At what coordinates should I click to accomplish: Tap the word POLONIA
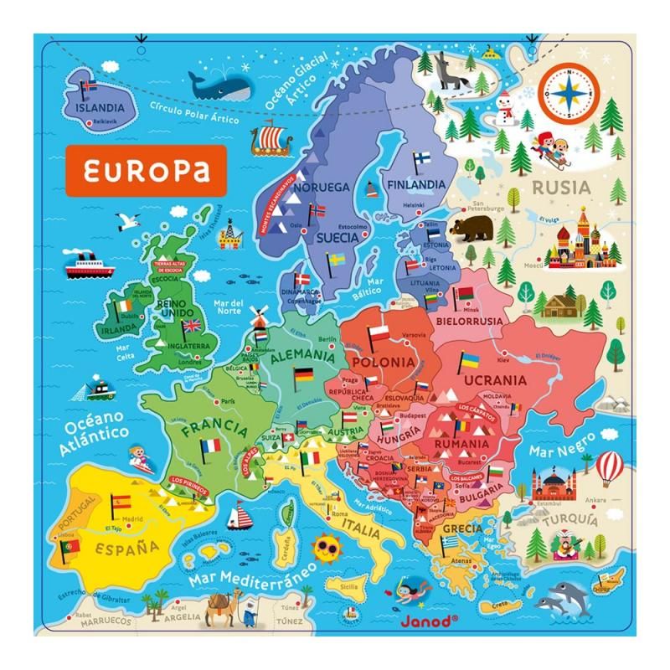coord(383,362)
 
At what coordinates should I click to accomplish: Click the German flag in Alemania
coord(301,375)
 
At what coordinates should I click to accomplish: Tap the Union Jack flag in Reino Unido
coord(192,325)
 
